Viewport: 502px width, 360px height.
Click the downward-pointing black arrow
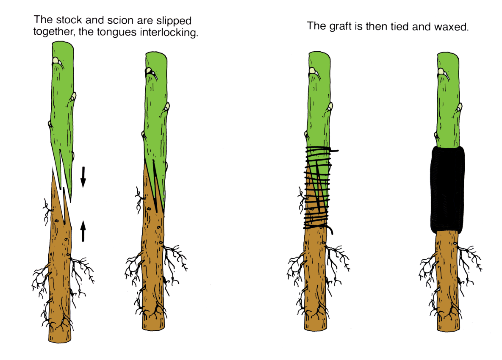tap(83, 177)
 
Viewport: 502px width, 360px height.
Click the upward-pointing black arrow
tap(83, 231)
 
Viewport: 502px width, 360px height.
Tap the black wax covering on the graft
tap(447, 189)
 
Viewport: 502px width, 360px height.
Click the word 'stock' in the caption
tap(69, 20)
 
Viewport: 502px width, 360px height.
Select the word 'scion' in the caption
tap(120, 20)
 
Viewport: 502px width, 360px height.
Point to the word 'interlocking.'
tap(169, 32)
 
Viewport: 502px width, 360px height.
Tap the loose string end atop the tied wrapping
tap(334, 150)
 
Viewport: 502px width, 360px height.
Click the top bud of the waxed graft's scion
tap(441, 71)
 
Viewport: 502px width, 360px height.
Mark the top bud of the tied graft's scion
tap(313, 71)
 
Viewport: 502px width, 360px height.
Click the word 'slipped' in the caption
tap(174, 21)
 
